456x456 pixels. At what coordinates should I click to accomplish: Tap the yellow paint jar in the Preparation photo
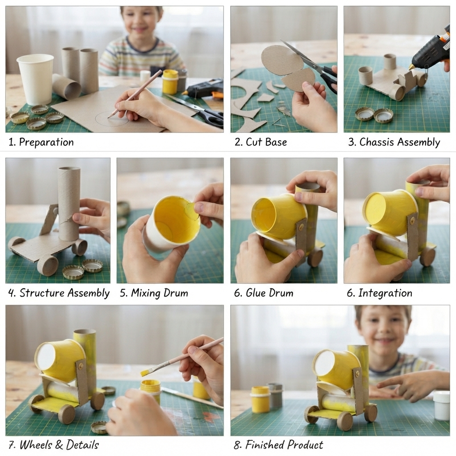[170, 81]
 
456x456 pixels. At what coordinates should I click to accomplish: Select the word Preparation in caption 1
[46, 142]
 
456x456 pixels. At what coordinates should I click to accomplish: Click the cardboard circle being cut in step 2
[278, 61]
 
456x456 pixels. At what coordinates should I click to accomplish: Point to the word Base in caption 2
[276, 142]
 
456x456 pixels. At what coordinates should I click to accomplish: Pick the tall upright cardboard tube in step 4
[69, 204]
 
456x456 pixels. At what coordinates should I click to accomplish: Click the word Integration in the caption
[385, 293]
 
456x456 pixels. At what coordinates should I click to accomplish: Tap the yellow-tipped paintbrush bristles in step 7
[146, 372]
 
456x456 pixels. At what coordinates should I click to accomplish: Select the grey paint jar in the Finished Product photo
[275, 395]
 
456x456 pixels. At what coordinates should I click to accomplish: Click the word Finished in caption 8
[265, 445]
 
